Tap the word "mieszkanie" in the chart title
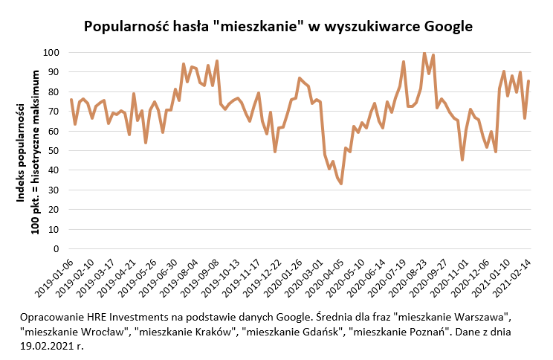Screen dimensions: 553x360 (x=259, y=27)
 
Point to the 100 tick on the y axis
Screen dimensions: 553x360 (x=51, y=53)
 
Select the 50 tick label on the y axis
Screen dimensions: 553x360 (x=54, y=151)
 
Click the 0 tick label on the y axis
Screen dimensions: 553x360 (x=56, y=249)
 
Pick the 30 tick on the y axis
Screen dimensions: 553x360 (x=54, y=190)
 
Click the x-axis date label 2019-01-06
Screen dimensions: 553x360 (x=54, y=277)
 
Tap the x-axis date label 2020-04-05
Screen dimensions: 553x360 (x=324, y=277)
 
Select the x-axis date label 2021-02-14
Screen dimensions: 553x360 (x=511, y=277)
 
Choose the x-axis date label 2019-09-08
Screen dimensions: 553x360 (x=200, y=277)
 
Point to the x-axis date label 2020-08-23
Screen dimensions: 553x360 (x=407, y=277)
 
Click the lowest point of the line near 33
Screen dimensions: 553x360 (x=340, y=184)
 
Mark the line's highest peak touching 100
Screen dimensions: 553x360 (x=424, y=53)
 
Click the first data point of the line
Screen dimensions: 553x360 (x=71, y=100)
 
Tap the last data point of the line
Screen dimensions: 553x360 (x=528, y=81)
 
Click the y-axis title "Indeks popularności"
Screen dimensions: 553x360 (x=21, y=152)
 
